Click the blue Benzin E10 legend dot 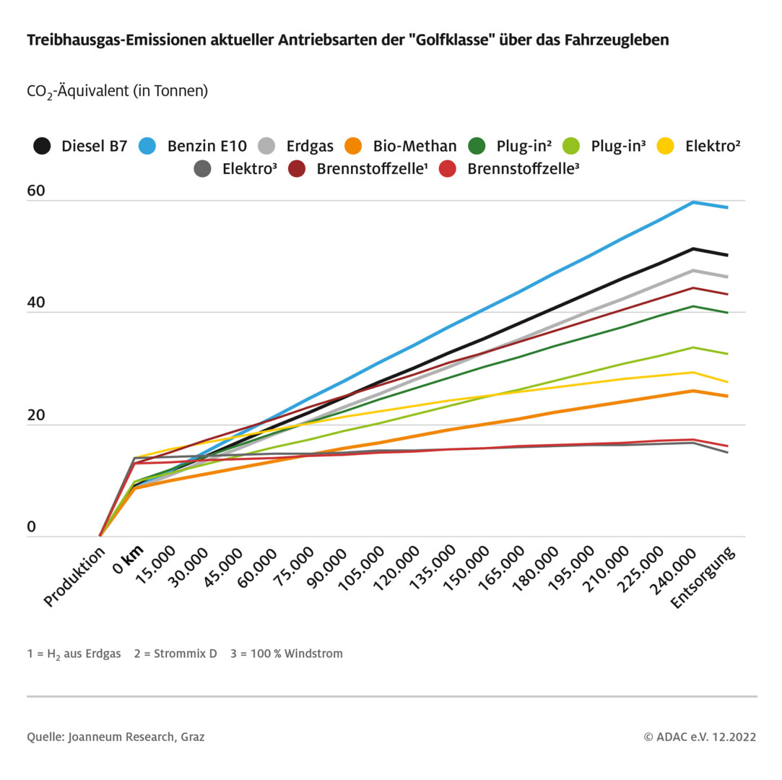(148, 145)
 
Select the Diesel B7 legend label (94, 146)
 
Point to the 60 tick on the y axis (36, 191)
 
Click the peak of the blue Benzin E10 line (693, 202)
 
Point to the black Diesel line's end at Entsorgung (727, 255)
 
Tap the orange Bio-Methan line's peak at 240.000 (693, 391)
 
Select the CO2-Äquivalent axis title (117, 91)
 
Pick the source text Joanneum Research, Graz (136, 737)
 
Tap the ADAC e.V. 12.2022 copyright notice (700, 737)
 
